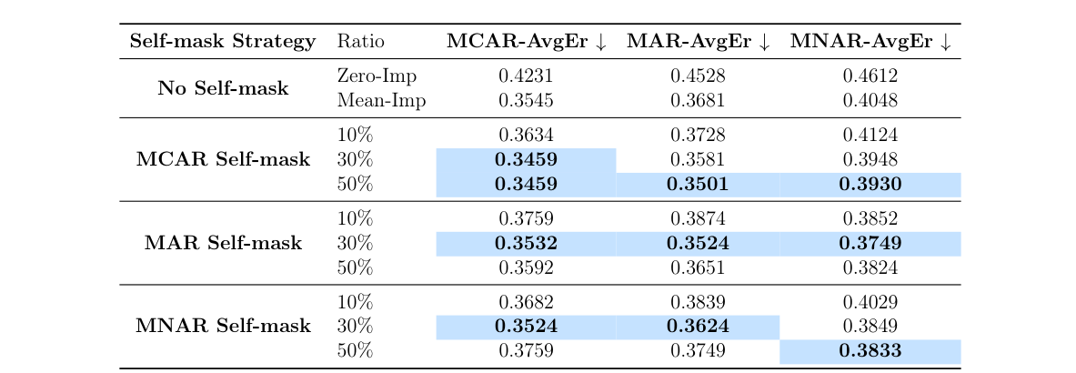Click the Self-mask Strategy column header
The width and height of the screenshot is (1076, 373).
[223, 42]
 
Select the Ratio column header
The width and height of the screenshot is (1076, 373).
[361, 42]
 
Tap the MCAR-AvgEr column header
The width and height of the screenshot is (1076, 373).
[526, 42]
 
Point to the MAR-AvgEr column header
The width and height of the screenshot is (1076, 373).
[699, 42]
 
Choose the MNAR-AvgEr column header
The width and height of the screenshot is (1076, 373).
[870, 42]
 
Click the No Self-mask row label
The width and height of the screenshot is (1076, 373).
[223, 88]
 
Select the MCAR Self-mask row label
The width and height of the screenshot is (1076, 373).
[223, 160]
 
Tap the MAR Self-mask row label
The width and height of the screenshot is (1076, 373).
[223, 243]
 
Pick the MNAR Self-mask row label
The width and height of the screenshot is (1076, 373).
[223, 326]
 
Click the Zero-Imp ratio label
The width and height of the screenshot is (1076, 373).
[377, 76]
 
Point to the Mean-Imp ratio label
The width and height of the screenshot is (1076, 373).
[381, 100]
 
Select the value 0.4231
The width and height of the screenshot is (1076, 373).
[526, 76]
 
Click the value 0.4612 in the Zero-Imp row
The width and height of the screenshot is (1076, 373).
[870, 76]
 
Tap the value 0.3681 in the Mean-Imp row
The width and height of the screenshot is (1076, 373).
[699, 100]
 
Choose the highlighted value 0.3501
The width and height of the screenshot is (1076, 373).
[699, 185]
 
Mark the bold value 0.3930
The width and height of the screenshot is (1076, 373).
[870, 185]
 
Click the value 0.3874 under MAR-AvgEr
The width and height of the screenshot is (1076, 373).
[699, 219]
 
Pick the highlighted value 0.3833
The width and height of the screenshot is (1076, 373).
[870, 351]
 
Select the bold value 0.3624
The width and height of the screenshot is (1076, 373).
[699, 327]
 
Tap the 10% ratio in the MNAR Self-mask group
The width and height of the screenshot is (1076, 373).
[355, 303]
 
